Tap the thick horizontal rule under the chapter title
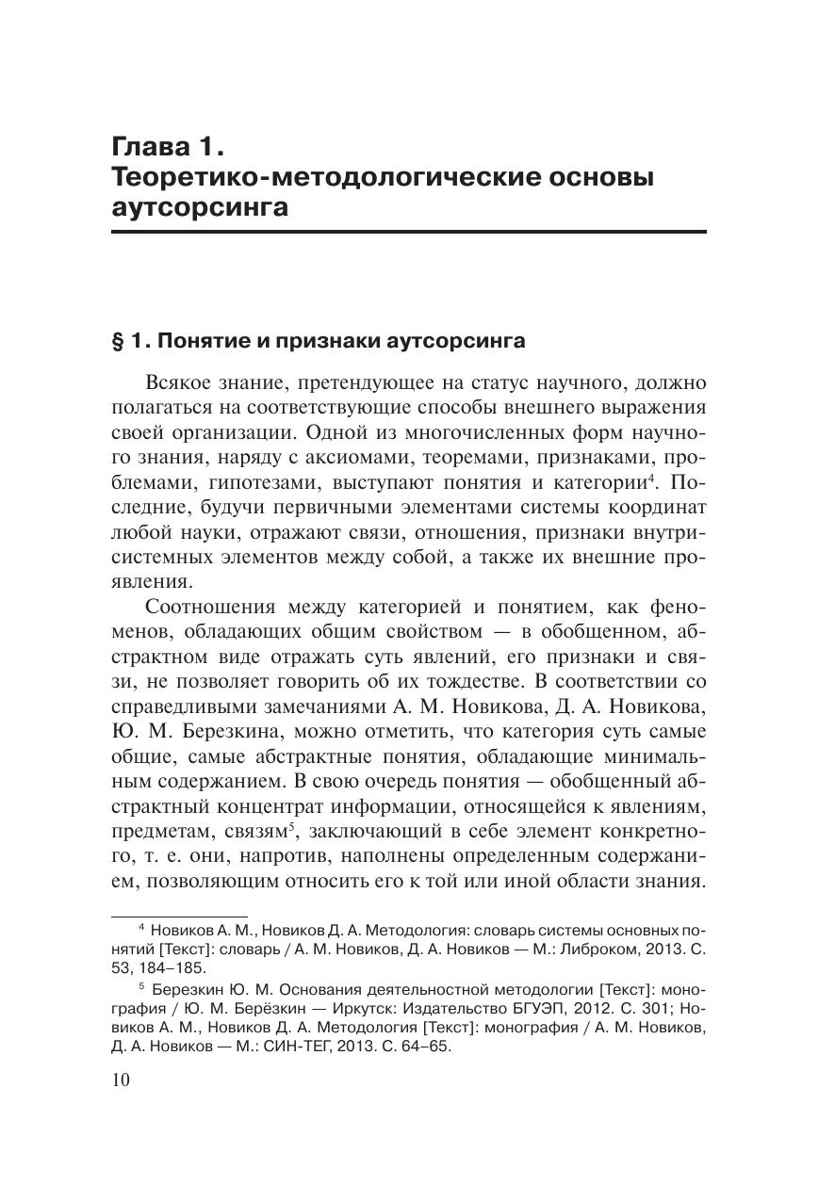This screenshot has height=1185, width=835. tap(409, 231)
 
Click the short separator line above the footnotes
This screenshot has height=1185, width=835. tap(178, 915)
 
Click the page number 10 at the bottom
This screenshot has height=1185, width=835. tap(121, 1080)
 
